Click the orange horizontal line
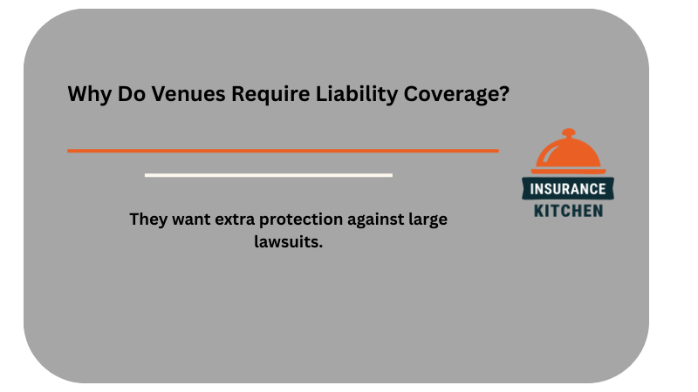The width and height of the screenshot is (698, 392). (x=283, y=151)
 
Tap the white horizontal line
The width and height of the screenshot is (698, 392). (x=268, y=175)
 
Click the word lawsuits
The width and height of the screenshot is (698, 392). (x=289, y=241)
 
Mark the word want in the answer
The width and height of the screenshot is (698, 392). (x=195, y=220)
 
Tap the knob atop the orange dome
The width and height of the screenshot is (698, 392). (x=568, y=134)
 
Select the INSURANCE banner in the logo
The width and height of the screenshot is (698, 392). (x=568, y=188)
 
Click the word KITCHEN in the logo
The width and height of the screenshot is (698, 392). (x=568, y=210)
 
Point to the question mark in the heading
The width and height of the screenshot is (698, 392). (x=503, y=95)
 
